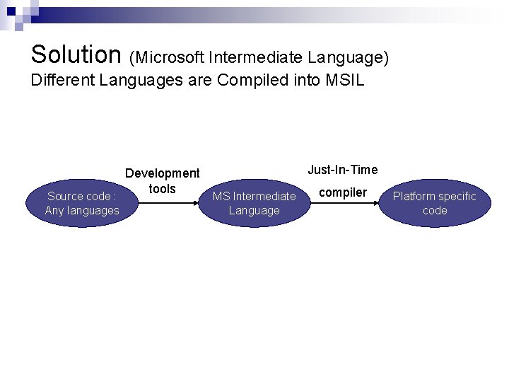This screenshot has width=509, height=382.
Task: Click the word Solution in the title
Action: (x=76, y=54)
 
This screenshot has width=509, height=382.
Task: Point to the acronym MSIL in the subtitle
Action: (x=344, y=80)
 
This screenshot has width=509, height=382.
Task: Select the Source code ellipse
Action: (x=82, y=203)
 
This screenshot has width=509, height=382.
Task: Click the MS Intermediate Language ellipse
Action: (x=255, y=203)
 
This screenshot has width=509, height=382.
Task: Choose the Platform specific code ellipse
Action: (x=435, y=203)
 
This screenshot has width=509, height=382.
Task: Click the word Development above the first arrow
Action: (x=163, y=173)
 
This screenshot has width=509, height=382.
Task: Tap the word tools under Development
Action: (x=163, y=189)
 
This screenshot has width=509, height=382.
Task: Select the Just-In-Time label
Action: (x=343, y=170)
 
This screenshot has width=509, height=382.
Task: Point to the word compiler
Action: (x=343, y=192)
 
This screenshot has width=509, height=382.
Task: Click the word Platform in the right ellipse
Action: (x=414, y=196)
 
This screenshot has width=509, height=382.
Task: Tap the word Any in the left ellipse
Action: (x=54, y=210)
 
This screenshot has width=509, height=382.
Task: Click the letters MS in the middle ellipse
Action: (x=221, y=196)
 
